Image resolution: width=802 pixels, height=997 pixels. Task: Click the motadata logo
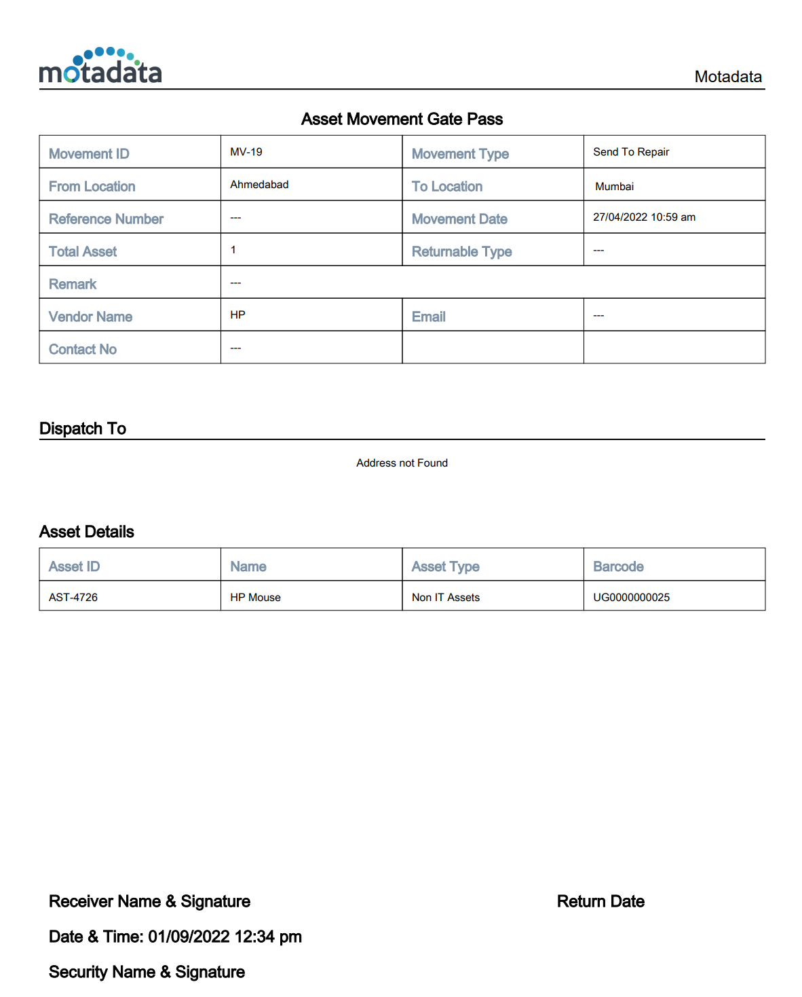click(100, 67)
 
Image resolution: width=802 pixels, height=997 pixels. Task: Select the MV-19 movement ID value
click(246, 152)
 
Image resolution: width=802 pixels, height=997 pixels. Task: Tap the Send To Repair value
click(631, 152)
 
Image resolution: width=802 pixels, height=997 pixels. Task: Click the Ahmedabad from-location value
click(259, 185)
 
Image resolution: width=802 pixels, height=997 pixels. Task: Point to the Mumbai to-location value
click(614, 187)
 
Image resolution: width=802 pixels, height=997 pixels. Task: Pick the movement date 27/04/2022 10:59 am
click(644, 217)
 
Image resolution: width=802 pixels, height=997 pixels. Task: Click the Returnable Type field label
click(461, 252)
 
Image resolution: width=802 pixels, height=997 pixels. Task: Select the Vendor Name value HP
click(237, 315)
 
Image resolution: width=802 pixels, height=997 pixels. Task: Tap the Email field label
click(429, 317)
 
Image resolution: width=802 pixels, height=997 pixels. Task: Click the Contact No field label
click(83, 350)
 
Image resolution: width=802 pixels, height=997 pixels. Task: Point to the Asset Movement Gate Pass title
click(402, 120)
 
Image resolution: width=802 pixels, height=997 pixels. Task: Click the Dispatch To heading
click(83, 429)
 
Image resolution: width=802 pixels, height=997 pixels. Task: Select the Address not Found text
click(402, 463)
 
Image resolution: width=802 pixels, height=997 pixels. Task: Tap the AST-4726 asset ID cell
click(73, 598)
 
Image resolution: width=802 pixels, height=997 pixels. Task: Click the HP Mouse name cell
click(255, 598)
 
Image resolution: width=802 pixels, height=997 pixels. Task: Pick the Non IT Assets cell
click(446, 598)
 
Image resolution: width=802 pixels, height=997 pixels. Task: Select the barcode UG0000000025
click(631, 598)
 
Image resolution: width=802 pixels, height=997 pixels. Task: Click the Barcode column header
click(618, 567)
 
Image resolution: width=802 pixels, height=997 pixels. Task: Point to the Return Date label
click(600, 902)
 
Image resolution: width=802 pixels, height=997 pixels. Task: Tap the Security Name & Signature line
click(147, 973)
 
